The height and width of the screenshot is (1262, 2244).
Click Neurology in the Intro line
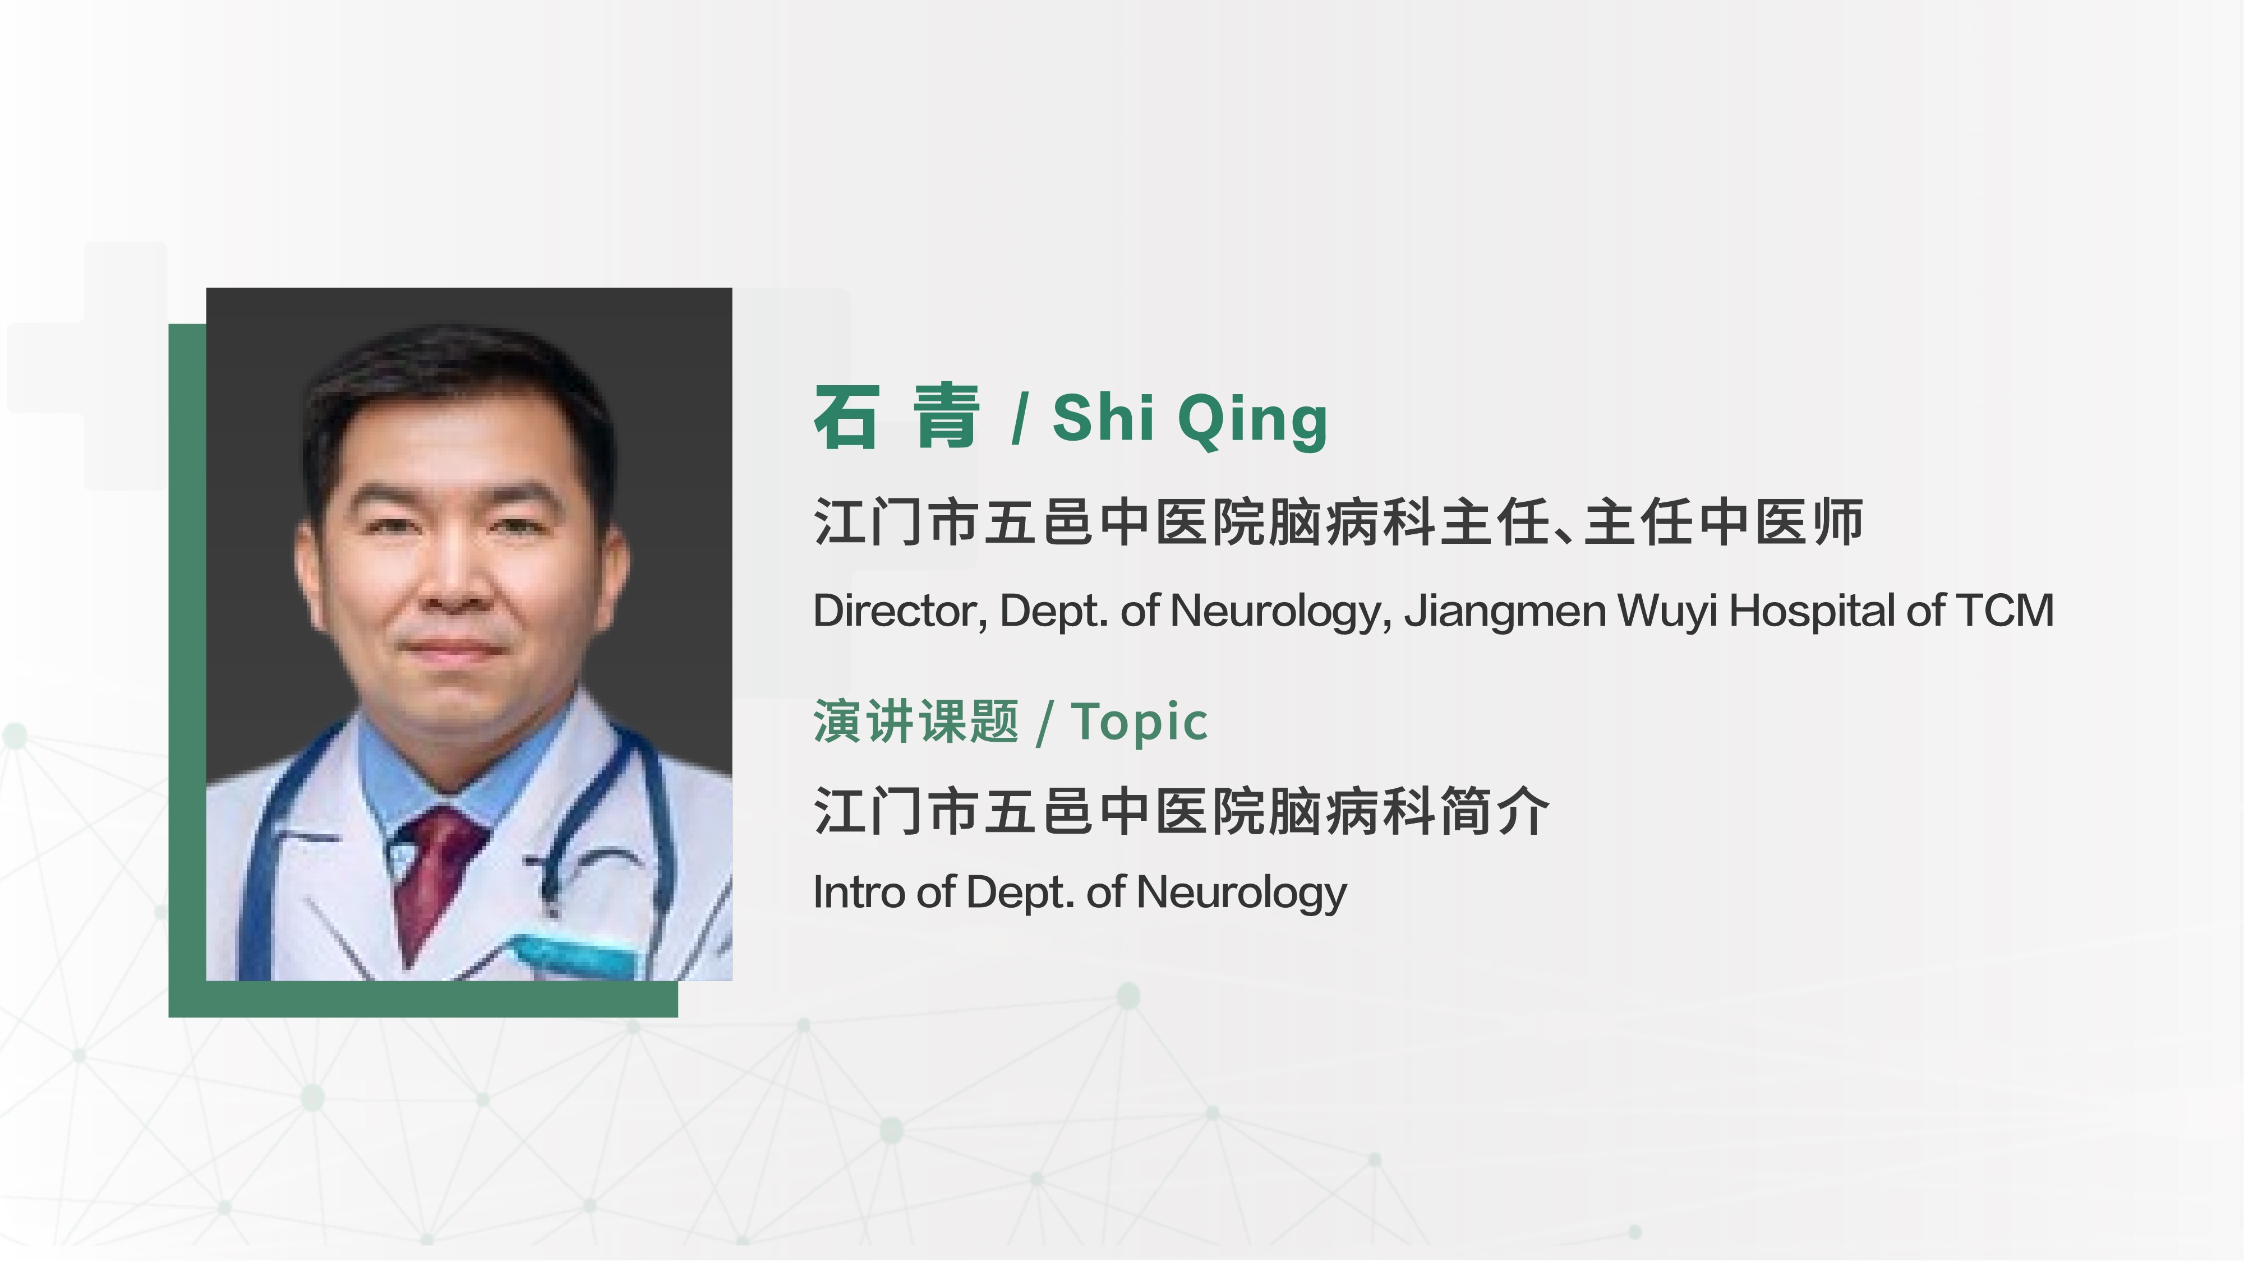point(1241,894)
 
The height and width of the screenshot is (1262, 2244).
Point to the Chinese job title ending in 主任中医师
point(1338,522)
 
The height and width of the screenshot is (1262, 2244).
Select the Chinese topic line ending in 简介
point(1181,811)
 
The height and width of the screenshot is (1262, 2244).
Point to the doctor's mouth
point(453,649)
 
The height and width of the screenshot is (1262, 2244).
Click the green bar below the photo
point(423,999)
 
